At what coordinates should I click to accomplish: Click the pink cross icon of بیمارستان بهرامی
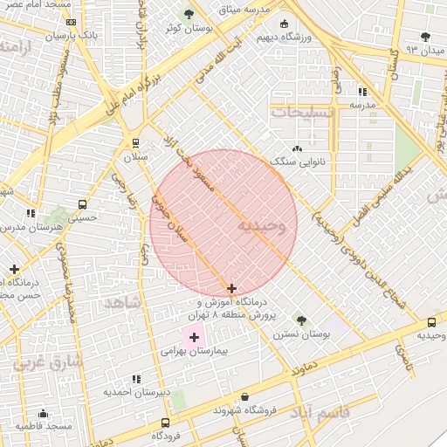pos(194,336)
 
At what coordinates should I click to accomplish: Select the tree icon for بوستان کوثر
pos(189,14)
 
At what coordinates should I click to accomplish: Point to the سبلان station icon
pos(135,142)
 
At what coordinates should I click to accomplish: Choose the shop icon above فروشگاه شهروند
pos(244,396)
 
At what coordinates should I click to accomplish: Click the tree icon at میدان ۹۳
pos(425,37)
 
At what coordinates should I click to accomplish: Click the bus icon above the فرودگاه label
pos(166,423)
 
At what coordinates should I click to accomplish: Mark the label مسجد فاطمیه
pos(43,426)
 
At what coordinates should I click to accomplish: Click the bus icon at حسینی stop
pos(82,205)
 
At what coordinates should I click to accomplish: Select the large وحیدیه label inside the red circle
pos(260,226)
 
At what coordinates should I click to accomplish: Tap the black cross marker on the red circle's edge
pos(231,288)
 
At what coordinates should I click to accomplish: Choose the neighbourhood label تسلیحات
pos(302,113)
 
